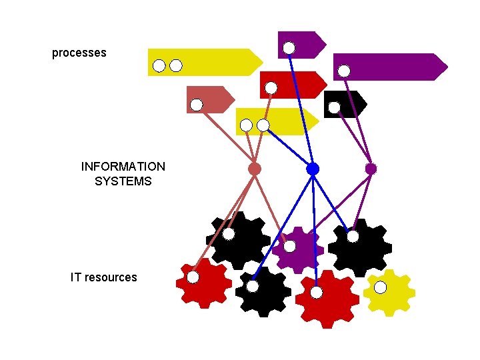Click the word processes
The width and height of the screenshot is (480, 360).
coord(79,53)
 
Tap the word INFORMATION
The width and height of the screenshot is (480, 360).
coord(123,167)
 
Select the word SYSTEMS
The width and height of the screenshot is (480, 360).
coord(123,181)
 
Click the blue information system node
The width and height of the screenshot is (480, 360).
coord(313,169)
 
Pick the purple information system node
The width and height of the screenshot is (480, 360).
coord(371,169)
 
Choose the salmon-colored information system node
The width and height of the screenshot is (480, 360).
coord(255,169)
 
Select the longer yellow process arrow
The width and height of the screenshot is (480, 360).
coord(213,61)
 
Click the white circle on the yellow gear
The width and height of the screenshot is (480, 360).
coord(380,287)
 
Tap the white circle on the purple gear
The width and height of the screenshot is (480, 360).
coord(290,246)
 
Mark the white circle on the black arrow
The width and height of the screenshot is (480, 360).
coord(334,107)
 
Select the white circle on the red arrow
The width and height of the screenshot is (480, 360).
coord(271,87)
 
